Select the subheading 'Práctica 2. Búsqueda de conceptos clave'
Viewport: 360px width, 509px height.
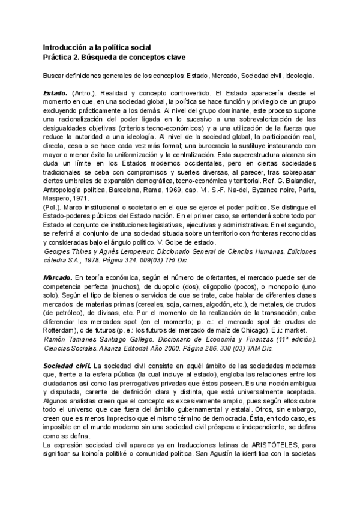point(115,57)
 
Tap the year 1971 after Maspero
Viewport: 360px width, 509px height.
point(80,197)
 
